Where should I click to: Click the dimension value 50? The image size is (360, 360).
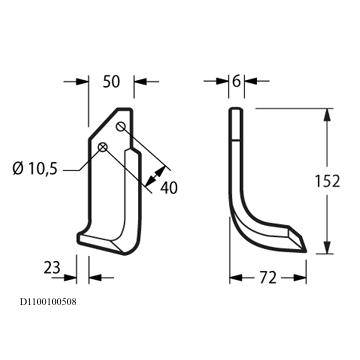click(111, 82)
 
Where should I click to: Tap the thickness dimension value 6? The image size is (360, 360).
click(236, 81)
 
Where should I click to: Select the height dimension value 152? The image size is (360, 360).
click(327, 181)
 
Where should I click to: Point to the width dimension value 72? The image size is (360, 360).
click(268, 278)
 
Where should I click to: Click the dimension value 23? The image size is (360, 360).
click(52, 267)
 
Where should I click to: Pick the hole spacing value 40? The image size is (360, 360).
click(169, 188)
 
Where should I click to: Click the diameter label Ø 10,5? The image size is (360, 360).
click(35, 169)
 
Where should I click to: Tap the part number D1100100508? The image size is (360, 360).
click(48, 302)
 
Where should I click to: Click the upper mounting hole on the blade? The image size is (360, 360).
click(120, 127)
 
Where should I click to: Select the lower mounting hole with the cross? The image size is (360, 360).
click(103, 147)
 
